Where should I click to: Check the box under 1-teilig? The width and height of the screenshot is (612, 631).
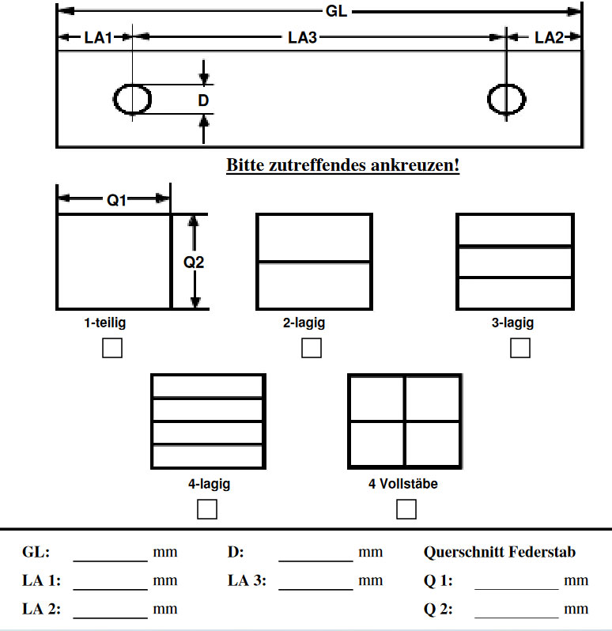pos(112,348)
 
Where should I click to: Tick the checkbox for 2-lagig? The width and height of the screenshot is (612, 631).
pos(312,348)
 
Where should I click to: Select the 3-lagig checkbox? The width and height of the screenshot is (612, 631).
pos(519,348)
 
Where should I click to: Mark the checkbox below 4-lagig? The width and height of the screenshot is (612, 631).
pos(207,509)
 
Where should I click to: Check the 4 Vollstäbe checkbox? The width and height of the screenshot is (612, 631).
pos(406,509)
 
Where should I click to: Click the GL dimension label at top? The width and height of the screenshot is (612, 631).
pos(336,12)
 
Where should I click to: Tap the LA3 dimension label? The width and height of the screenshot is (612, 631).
pos(302,37)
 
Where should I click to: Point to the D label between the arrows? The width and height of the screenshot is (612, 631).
pos(203,101)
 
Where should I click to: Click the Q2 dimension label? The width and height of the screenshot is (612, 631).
pos(194,262)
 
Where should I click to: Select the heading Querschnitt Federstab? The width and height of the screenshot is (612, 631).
pos(500,552)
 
